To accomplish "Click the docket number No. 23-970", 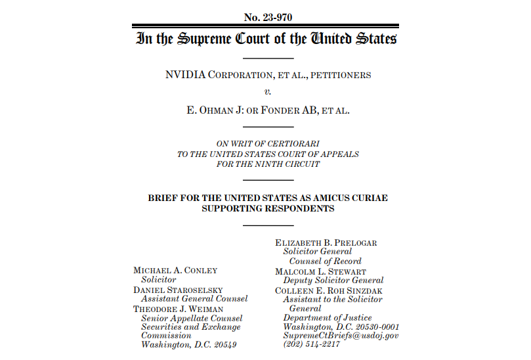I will click(x=265, y=17).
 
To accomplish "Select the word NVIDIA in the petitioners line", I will click(x=186, y=75).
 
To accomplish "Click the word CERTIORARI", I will click(x=292, y=144).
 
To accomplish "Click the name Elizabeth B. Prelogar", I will click(x=326, y=243).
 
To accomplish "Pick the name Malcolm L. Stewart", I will click(x=320, y=271).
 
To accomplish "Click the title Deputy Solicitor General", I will click(x=333, y=281).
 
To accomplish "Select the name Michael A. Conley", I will click(x=175, y=270).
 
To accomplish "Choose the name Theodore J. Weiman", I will click(x=178, y=308).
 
